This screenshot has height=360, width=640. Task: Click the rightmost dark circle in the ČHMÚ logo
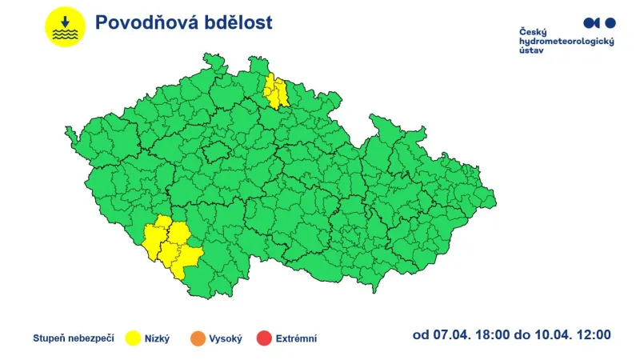[610, 23]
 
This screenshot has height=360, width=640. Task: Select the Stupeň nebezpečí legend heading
[72, 338]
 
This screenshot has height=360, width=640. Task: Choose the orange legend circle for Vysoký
[196, 338]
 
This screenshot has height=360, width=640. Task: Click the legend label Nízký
[157, 338]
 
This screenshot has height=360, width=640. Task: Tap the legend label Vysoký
[225, 338]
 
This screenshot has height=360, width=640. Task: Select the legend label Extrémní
[296, 338]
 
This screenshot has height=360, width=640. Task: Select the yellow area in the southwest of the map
[170, 245]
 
